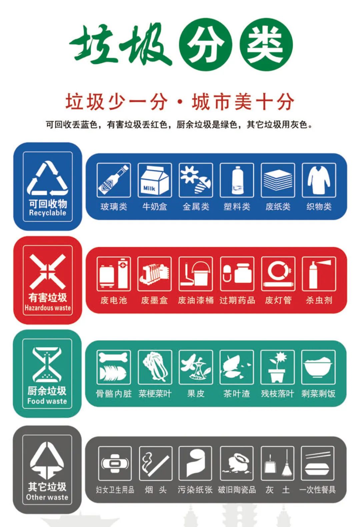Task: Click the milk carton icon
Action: (x=155, y=180)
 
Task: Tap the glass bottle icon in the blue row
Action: (x=114, y=180)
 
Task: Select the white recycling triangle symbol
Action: (x=47, y=178)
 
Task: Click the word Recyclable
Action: (x=47, y=213)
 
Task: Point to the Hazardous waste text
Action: (x=47, y=308)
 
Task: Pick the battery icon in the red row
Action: (x=114, y=274)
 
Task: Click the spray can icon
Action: (x=319, y=274)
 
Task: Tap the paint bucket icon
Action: (x=196, y=274)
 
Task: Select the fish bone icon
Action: (x=114, y=367)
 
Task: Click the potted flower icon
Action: (x=277, y=367)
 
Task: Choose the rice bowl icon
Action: (x=318, y=367)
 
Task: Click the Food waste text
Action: (x=47, y=401)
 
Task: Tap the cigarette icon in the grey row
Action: (x=156, y=463)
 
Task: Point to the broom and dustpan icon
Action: (x=277, y=463)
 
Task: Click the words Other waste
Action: (x=47, y=497)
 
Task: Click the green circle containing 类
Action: (x=266, y=44)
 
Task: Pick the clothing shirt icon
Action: (x=319, y=180)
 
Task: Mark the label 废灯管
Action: (x=278, y=301)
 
